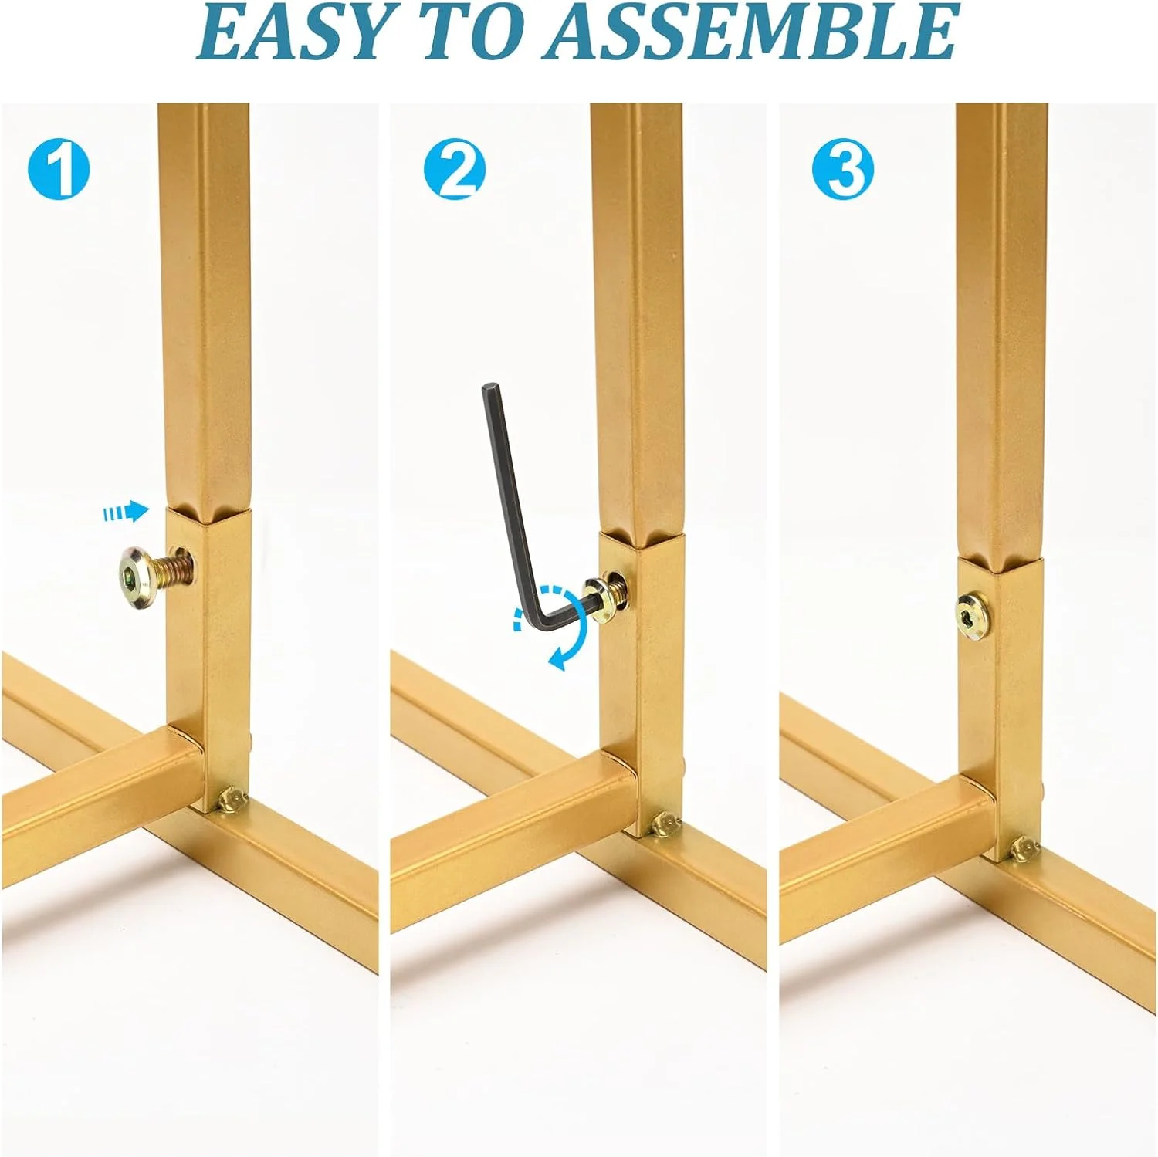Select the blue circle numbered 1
pos(59,169)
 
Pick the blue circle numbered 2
pos(455,169)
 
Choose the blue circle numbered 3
pos(843,169)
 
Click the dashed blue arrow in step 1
pos(126,511)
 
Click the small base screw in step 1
pos(232,800)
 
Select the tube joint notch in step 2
pos(642,536)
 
